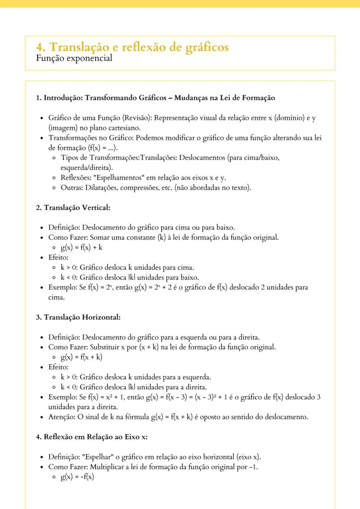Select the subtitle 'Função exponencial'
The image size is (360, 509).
click(x=74, y=58)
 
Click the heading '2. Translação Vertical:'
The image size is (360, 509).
click(x=73, y=208)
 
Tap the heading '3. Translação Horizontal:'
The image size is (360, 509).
click(x=78, y=317)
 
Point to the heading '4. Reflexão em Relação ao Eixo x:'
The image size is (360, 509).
click(x=92, y=437)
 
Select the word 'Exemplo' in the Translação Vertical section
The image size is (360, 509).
click(x=61, y=287)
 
